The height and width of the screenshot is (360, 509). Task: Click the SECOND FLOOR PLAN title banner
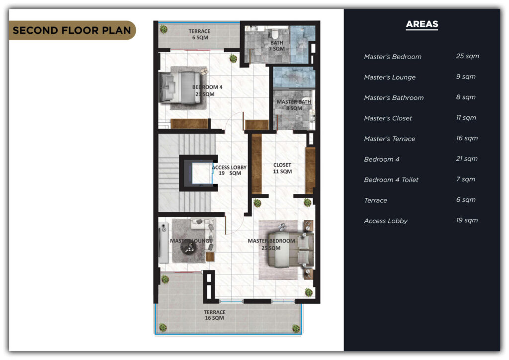tap(72, 30)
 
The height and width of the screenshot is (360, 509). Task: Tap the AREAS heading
tap(422, 24)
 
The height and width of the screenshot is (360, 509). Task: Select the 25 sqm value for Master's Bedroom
tap(467, 56)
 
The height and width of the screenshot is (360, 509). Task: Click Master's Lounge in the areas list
tap(390, 77)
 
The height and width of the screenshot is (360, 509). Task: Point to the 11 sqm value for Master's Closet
tap(466, 117)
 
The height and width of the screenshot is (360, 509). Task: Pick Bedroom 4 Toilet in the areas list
tap(391, 180)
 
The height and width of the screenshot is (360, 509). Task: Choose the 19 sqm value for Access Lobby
tap(467, 220)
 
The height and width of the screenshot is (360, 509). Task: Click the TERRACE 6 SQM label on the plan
tap(200, 34)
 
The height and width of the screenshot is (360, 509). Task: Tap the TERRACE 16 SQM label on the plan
tap(215, 315)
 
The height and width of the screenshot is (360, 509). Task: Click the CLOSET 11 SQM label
tap(282, 168)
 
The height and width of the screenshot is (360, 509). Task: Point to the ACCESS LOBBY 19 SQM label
tap(230, 170)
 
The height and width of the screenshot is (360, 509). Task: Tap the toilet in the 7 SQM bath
tap(275, 33)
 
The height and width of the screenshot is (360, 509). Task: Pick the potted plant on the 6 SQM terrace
tap(164, 29)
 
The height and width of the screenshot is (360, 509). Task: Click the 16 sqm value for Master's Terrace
tap(467, 138)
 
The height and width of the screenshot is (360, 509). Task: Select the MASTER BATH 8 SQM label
tap(294, 105)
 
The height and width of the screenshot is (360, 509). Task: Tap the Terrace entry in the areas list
tap(376, 200)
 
